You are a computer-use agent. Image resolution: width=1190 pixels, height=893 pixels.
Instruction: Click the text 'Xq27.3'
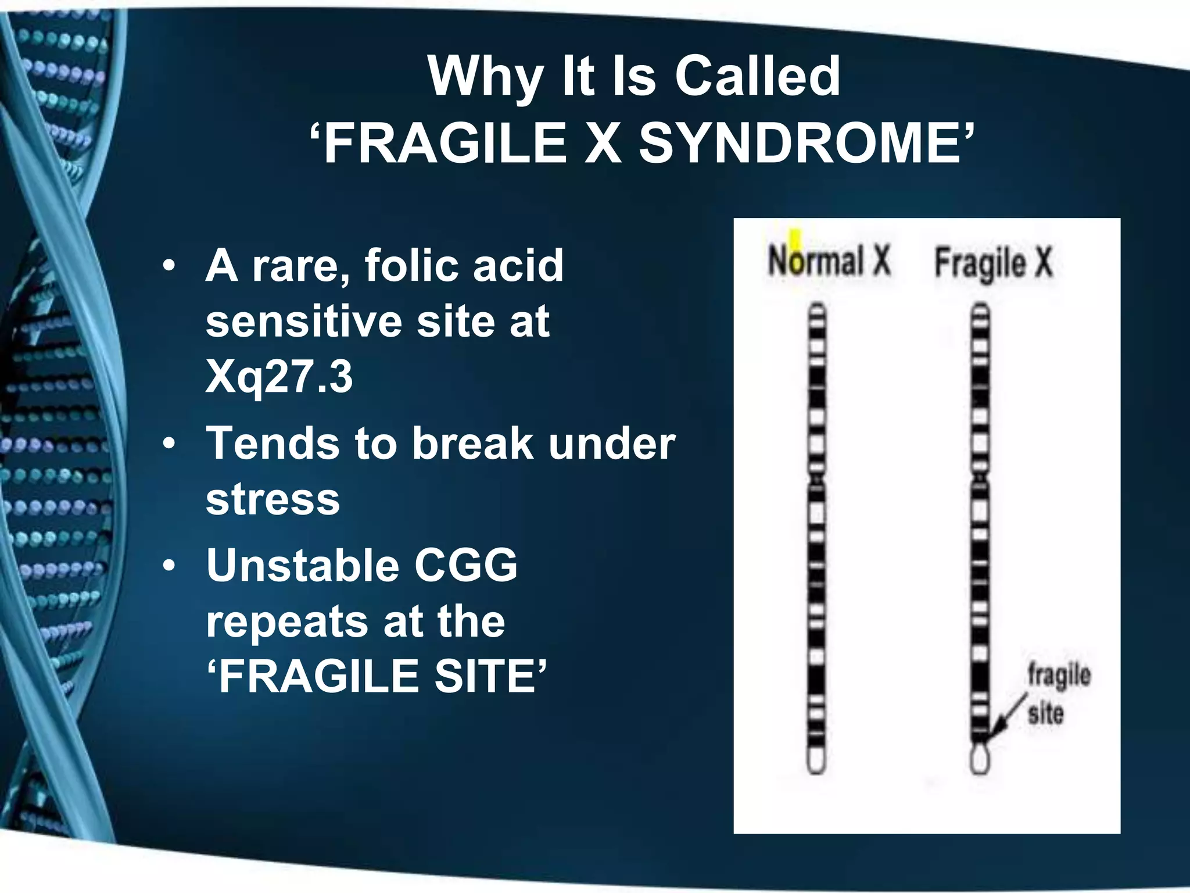coord(279,376)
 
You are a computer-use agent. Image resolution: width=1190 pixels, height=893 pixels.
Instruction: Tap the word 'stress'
coord(273,499)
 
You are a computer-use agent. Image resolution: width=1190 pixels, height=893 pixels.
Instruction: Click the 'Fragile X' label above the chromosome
coord(993,263)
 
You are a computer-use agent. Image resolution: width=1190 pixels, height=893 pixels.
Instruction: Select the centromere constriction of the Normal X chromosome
coord(816,480)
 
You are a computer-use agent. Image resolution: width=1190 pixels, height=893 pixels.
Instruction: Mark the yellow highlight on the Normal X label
coord(795,238)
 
